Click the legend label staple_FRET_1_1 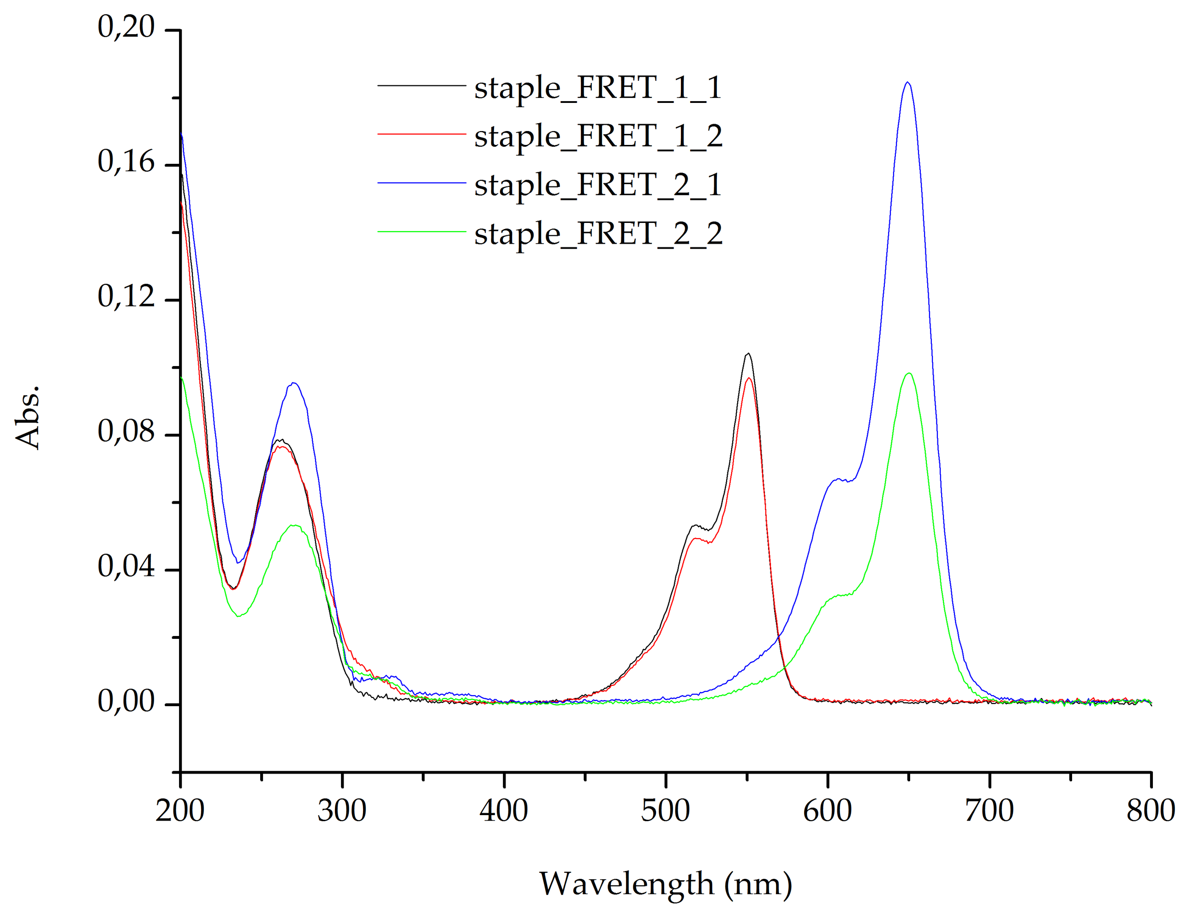598,87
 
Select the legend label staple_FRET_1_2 598,136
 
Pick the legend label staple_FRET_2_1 598,185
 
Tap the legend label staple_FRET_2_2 598,234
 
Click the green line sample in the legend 421,232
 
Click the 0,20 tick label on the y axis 125,26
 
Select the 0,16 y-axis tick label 125,162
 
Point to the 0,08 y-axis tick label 125,432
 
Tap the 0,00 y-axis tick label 125,701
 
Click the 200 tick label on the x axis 179,811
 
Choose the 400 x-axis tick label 503,811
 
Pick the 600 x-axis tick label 827,811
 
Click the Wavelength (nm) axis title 665,884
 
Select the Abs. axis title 27,417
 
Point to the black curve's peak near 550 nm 748,354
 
